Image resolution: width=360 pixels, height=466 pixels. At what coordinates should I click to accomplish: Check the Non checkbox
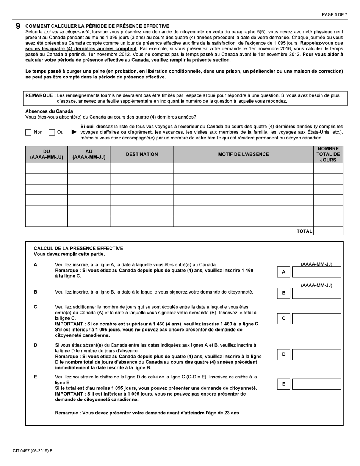pyautogui.click(x=28, y=133)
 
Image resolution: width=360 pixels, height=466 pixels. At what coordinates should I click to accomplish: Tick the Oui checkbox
pyautogui.click(x=52, y=133)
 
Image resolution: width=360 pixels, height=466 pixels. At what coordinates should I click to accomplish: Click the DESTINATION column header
pyautogui.click(x=142, y=154)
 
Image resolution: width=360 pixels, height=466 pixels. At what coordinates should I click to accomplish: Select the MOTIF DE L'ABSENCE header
pyautogui.click(x=243, y=154)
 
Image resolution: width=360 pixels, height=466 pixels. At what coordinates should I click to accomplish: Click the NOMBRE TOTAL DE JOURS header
pyautogui.click(x=328, y=154)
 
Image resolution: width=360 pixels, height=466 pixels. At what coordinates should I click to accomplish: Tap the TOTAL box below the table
pyautogui.click(x=328, y=231)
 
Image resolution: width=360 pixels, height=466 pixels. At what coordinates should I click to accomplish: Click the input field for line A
pyautogui.click(x=316, y=272)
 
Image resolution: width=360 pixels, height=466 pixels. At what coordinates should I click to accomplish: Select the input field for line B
pyautogui.click(x=316, y=293)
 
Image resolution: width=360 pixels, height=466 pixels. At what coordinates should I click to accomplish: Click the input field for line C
pyautogui.click(x=316, y=319)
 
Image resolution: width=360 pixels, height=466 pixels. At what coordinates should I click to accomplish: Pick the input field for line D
pyautogui.click(x=316, y=355)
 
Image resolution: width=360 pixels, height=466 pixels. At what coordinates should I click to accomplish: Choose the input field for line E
pyautogui.click(x=316, y=384)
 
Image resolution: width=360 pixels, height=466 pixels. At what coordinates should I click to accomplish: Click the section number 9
pyautogui.click(x=18, y=26)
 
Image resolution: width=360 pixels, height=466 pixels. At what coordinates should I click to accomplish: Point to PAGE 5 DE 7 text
pyautogui.click(x=334, y=14)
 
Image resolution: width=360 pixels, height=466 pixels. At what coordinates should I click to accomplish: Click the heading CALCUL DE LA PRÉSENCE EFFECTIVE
pyautogui.click(x=78, y=249)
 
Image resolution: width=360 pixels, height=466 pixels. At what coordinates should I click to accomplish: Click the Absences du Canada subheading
pyautogui.click(x=49, y=111)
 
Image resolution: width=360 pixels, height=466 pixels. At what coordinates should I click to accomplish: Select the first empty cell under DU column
pyautogui.click(x=46, y=168)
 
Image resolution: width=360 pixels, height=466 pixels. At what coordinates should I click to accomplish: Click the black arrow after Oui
pyautogui.click(x=74, y=132)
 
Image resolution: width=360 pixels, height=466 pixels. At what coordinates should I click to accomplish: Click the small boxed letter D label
pyautogui.click(x=284, y=355)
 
